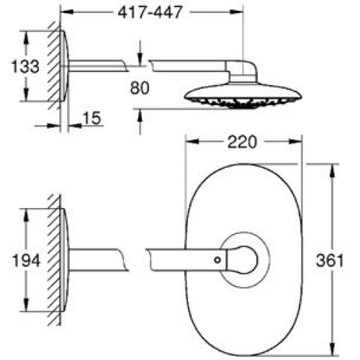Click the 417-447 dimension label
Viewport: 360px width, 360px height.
tap(150, 12)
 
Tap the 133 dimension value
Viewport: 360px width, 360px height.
tap(25, 66)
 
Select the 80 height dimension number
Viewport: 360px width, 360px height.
tap(140, 88)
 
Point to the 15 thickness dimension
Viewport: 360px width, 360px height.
tap(91, 118)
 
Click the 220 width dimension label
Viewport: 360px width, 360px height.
tap(242, 142)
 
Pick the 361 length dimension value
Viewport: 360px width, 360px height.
tap(330, 261)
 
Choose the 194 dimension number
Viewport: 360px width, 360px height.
tap(26, 261)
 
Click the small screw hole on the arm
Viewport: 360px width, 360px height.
tap(217, 260)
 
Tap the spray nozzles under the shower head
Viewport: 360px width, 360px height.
tap(243, 103)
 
